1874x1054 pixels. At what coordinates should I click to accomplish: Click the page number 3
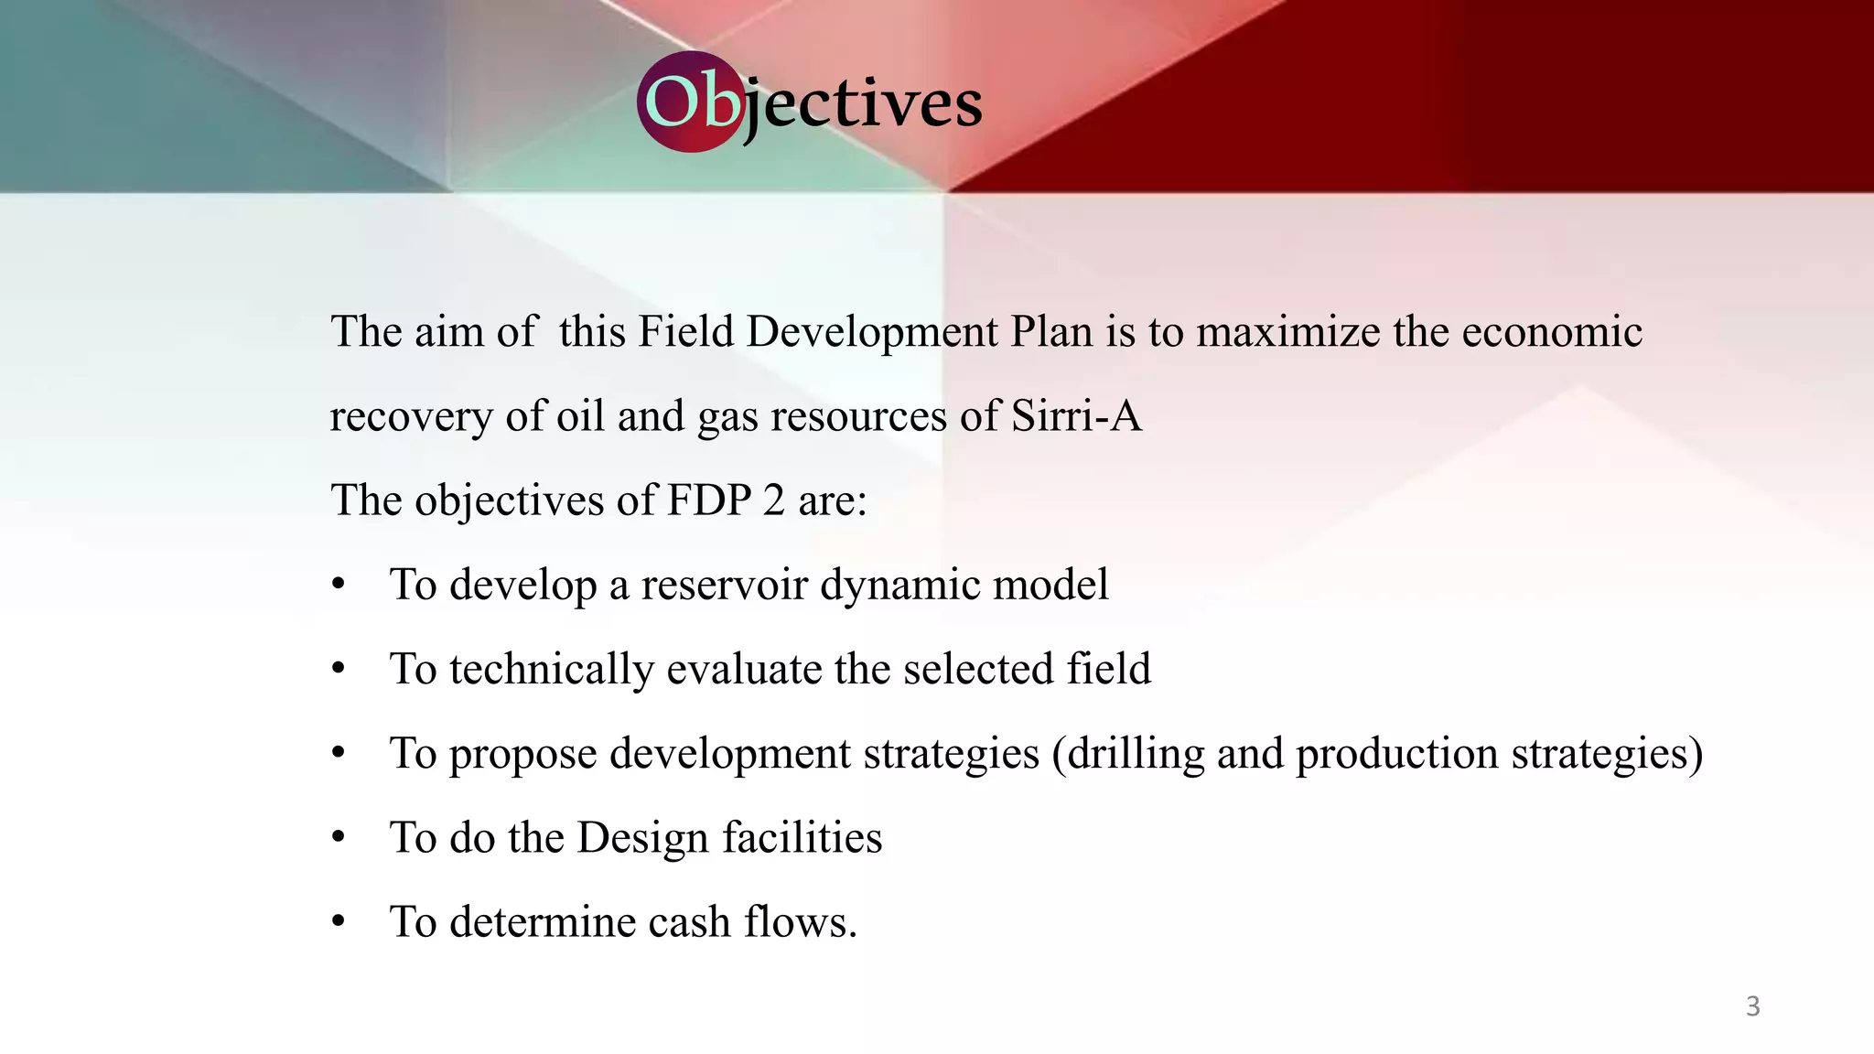click(1752, 1006)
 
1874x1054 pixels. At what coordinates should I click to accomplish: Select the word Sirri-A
click(1076, 416)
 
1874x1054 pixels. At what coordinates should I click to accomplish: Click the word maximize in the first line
click(1287, 331)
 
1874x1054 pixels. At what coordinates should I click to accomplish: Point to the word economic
click(1552, 331)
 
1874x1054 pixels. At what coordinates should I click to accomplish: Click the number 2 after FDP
click(774, 500)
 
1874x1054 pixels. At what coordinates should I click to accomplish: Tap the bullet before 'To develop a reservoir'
click(339, 585)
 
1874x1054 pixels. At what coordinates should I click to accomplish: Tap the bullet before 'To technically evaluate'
click(339, 669)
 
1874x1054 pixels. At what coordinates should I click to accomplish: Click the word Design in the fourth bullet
click(642, 838)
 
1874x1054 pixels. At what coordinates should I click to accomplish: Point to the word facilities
click(802, 838)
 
